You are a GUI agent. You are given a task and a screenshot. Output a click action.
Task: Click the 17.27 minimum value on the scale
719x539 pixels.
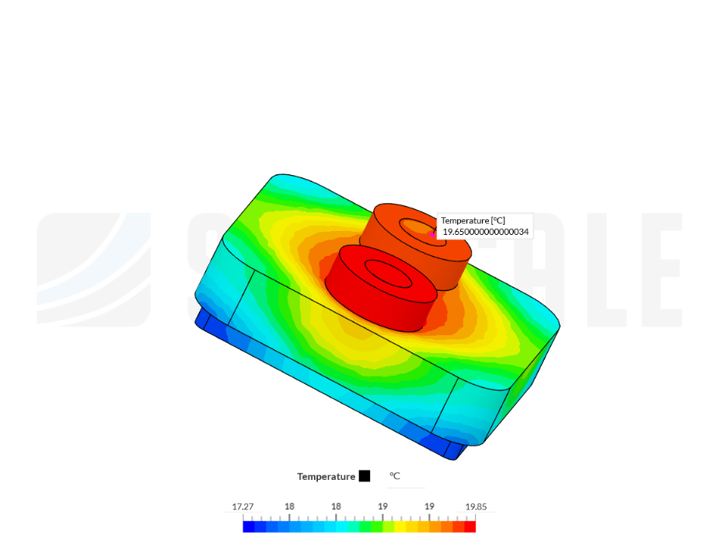point(243,506)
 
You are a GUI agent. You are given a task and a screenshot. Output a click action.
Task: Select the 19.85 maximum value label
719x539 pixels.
point(476,506)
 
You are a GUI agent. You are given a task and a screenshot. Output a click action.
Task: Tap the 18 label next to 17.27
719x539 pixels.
point(289,506)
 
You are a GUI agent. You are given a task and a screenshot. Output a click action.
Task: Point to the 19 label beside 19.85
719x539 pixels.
point(429,506)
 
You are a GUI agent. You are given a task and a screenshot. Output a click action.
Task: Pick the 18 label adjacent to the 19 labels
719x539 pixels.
point(336,506)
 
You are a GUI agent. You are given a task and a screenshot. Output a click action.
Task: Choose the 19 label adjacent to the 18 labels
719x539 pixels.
point(382,506)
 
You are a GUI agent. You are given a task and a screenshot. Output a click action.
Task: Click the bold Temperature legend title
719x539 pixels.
point(326,476)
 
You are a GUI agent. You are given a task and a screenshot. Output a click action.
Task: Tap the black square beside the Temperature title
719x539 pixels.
point(365,476)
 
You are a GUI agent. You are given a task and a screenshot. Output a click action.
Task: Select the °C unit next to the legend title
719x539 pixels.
point(395,476)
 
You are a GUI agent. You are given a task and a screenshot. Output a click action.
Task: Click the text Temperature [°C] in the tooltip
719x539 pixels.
point(473,221)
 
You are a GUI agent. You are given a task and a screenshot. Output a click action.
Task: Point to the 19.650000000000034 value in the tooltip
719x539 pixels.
point(486,232)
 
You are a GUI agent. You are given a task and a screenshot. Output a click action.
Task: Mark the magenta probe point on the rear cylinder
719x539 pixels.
point(433,234)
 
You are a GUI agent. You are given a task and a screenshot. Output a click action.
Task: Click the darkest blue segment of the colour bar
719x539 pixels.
point(249,527)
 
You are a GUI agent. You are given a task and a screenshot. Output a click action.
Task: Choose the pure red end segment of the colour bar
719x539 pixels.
point(469,527)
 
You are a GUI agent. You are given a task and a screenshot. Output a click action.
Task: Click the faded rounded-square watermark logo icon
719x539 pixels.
point(93,268)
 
